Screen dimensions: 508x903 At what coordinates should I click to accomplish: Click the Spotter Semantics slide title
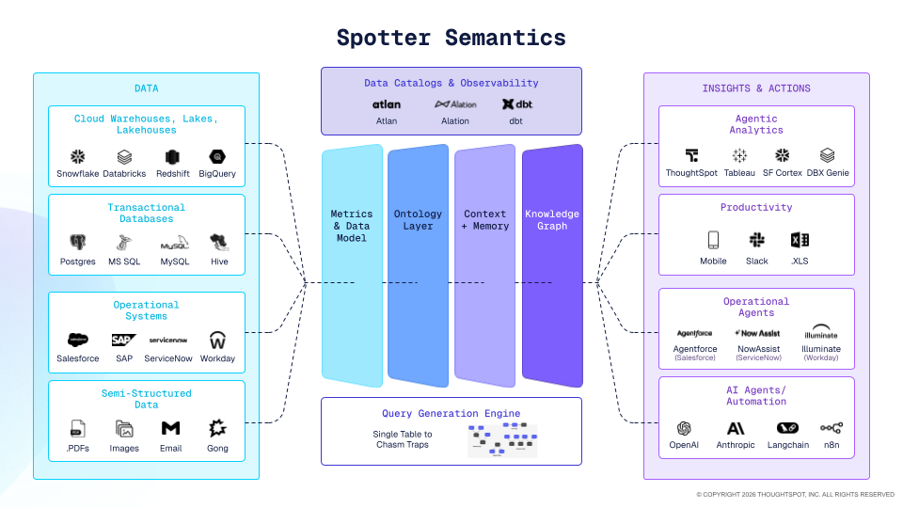[451, 38]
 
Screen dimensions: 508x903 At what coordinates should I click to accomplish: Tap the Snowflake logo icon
[78, 157]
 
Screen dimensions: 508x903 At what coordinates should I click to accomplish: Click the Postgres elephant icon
[78, 243]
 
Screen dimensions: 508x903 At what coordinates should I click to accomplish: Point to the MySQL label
[174, 262]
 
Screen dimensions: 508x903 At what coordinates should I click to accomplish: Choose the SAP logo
[123, 340]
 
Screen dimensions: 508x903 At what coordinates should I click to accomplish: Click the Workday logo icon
[217, 340]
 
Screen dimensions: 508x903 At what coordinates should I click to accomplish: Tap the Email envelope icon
[170, 428]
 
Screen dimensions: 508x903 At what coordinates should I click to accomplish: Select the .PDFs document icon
[78, 428]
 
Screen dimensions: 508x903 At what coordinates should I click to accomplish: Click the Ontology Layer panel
[418, 266]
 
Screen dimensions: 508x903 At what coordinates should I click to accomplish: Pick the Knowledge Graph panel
[552, 266]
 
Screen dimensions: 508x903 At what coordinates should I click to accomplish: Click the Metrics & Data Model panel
[351, 266]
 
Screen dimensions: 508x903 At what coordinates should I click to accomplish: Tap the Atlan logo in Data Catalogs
[387, 104]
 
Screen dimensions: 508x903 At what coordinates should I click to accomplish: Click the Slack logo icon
[756, 240]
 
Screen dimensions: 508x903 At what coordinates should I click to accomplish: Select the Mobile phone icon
[713, 240]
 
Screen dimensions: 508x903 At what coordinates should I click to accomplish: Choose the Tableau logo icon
[739, 155]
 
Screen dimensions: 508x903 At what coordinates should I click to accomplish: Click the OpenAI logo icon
[684, 428]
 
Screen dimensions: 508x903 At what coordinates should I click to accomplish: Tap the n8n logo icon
[832, 428]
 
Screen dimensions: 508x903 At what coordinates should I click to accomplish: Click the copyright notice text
[795, 494]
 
